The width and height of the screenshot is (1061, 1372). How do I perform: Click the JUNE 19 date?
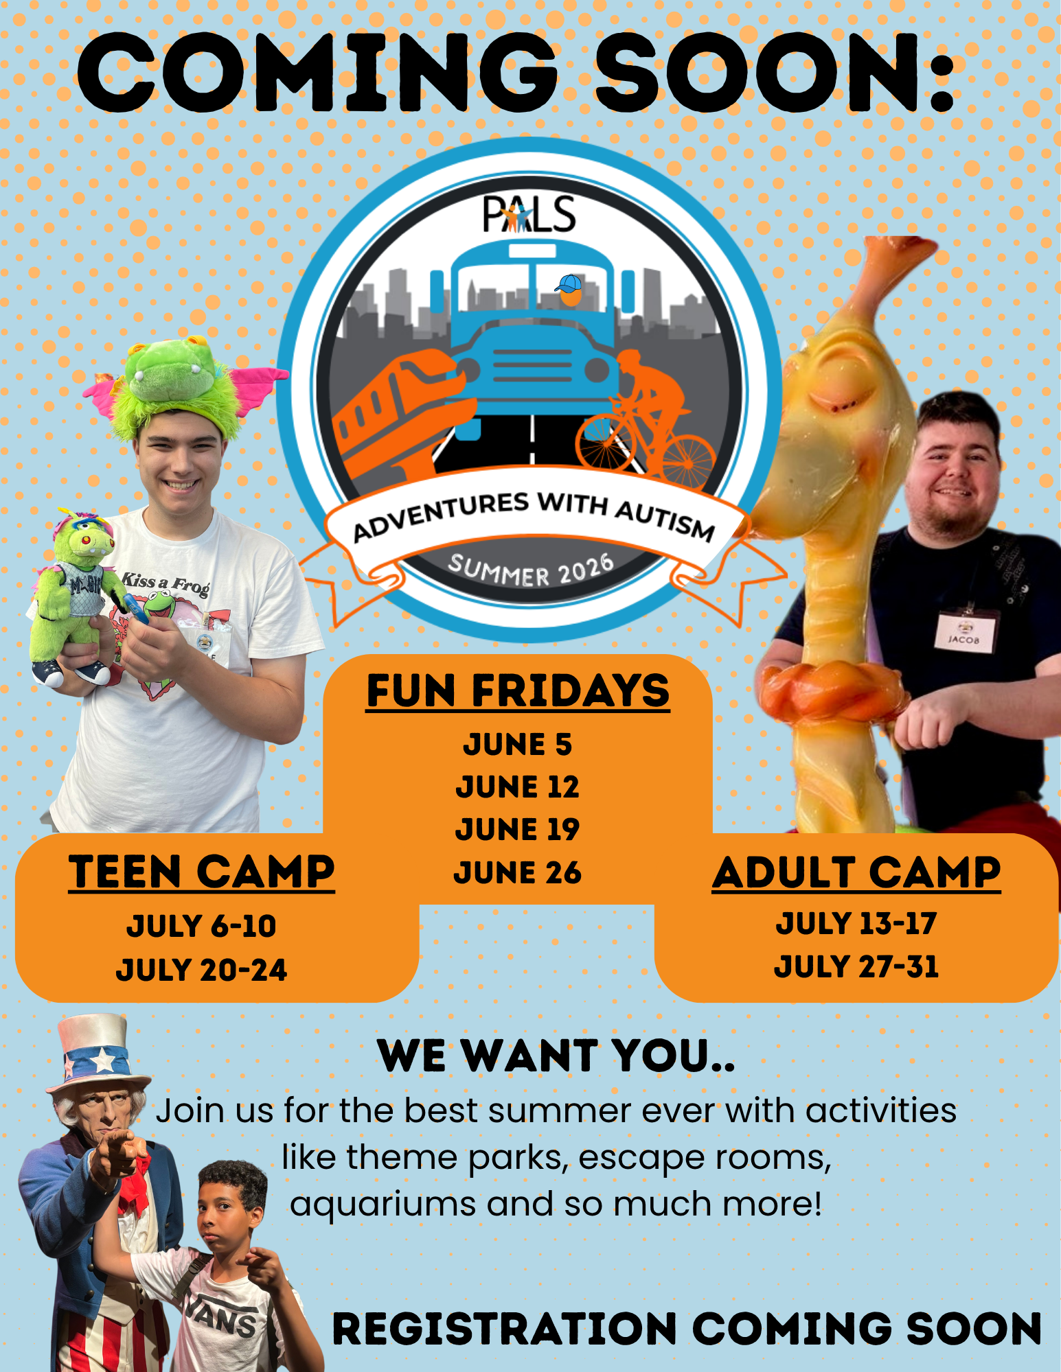(x=517, y=829)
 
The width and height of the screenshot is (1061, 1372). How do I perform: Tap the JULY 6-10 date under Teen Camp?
(x=201, y=927)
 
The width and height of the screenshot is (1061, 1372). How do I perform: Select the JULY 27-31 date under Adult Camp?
(x=856, y=966)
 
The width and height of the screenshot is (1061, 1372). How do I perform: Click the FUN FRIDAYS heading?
(x=518, y=690)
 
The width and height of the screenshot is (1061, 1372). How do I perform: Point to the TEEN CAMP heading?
(x=201, y=872)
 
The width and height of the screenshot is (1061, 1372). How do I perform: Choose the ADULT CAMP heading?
(x=856, y=872)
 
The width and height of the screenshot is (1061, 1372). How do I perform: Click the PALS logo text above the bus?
(x=529, y=213)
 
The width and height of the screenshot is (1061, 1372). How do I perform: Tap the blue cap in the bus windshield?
(x=569, y=283)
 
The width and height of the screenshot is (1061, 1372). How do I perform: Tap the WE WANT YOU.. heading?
(x=556, y=1056)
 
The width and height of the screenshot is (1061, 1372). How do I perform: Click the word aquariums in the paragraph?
(x=383, y=1205)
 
